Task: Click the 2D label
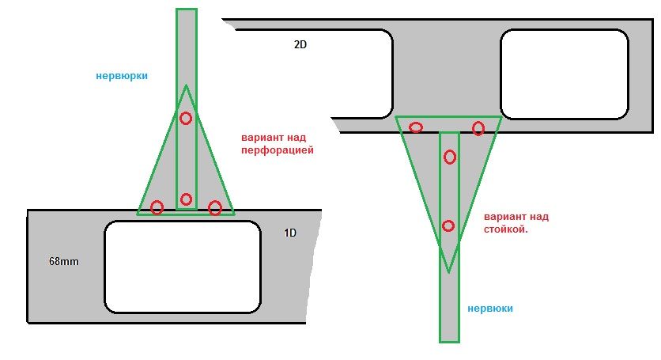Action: tap(300, 44)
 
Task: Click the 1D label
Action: tap(290, 233)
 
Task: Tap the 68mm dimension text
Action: tap(64, 261)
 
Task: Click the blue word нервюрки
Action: tap(122, 76)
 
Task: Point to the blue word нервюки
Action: tap(490, 308)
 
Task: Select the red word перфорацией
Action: tap(278, 150)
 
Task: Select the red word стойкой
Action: tap(505, 230)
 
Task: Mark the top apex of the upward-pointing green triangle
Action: tap(186, 85)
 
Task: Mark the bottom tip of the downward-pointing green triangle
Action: tap(448, 272)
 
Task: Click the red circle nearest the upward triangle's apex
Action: tap(186, 118)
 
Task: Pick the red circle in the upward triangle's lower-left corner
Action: tap(157, 207)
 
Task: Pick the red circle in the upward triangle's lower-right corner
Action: tap(215, 207)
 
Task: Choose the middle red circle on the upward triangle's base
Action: tap(186, 199)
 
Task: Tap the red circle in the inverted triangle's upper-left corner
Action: tap(416, 127)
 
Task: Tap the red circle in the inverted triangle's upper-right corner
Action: tap(478, 128)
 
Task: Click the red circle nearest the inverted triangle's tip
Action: tap(448, 225)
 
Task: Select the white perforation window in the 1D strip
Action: tap(183, 267)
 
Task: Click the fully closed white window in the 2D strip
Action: tap(565, 74)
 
